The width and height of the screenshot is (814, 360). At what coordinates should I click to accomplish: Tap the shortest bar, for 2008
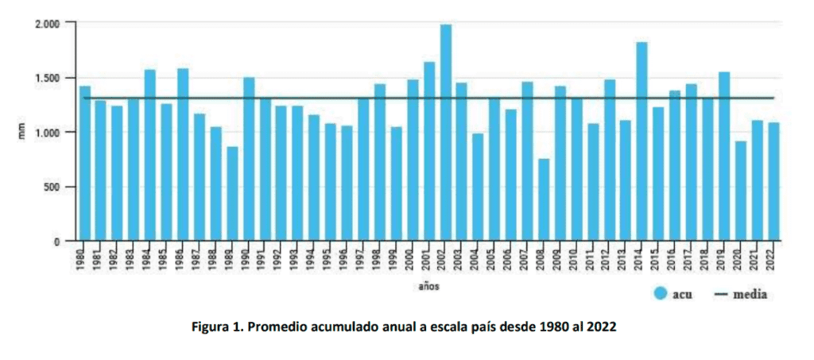(x=544, y=199)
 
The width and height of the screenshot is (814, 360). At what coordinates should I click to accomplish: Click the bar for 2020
(x=740, y=191)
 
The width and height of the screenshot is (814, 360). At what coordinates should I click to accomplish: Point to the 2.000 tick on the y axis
(x=48, y=24)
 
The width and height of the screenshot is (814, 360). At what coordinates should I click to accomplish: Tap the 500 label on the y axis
(x=52, y=187)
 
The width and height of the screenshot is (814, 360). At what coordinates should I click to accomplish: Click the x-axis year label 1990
(x=248, y=259)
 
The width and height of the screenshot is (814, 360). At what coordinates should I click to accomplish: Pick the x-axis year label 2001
(x=428, y=259)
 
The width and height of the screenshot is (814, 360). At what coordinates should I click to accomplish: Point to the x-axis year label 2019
(x=723, y=259)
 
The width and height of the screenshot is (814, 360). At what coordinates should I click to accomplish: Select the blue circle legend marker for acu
(x=660, y=294)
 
